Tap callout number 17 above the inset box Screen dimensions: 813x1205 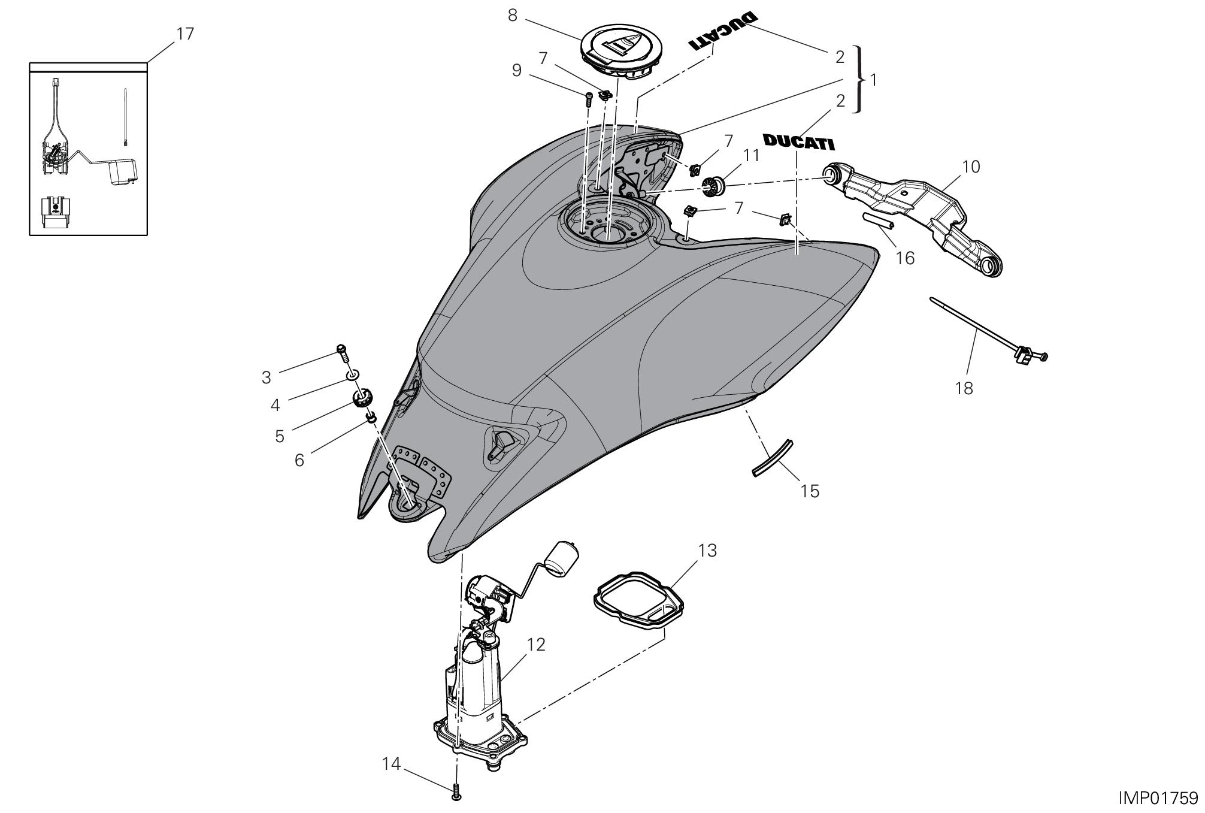pyautogui.click(x=185, y=34)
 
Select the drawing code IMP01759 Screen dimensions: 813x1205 pyautogui.click(x=1158, y=798)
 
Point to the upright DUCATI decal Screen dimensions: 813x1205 pyautogui.click(x=798, y=143)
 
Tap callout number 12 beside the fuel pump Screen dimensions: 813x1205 pyautogui.click(x=536, y=645)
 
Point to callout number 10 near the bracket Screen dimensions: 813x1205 pyautogui.click(x=971, y=166)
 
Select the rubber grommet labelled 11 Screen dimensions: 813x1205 pyautogui.click(x=713, y=186)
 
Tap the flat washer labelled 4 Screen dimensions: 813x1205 pyautogui.click(x=352, y=376)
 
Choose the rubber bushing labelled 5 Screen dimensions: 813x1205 pyautogui.click(x=363, y=398)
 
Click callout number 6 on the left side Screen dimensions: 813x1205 pyautogui.click(x=299, y=460)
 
